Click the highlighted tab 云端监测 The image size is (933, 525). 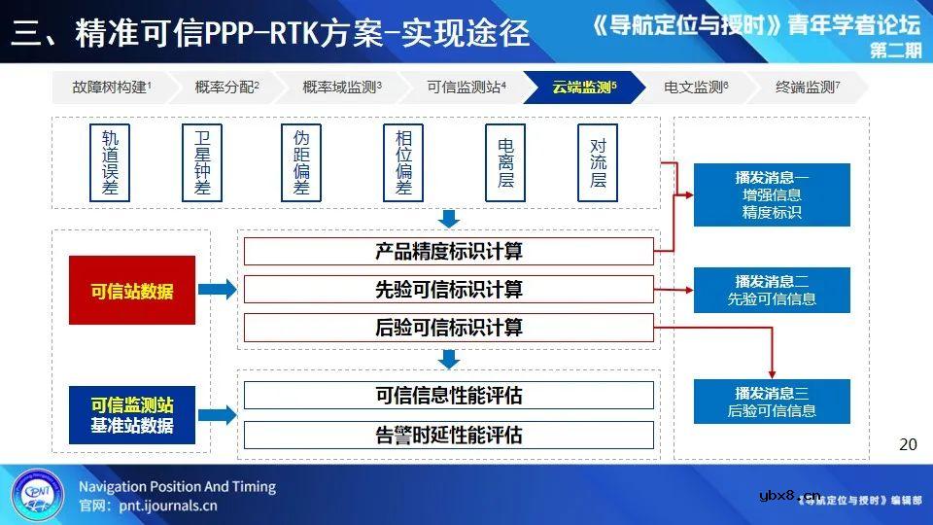(x=583, y=87)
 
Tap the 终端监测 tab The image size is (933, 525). (x=807, y=87)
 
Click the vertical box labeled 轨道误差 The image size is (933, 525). (x=109, y=162)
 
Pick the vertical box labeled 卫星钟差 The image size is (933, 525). (x=202, y=162)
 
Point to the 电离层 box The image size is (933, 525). (x=505, y=162)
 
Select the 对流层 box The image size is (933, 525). (x=598, y=162)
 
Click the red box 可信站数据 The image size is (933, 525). (x=132, y=290)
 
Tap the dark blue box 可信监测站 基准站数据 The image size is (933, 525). (x=132, y=415)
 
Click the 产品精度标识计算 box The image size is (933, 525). (x=448, y=251)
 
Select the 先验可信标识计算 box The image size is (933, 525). (x=448, y=290)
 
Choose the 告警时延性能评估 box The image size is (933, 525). (x=448, y=435)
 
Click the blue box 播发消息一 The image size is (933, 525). (x=772, y=194)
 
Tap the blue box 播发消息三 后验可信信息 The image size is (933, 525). (x=772, y=402)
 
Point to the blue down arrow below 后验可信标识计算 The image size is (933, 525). (x=448, y=359)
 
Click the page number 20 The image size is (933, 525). (x=908, y=444)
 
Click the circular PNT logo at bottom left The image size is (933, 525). (x=38, y=494)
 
